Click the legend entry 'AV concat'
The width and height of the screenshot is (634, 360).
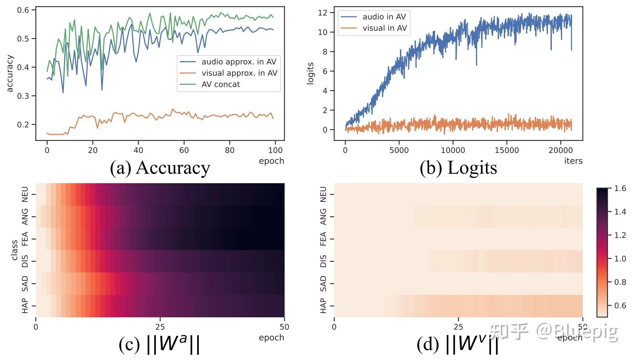coord(221,84)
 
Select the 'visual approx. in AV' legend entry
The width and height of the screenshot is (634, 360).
coord(239,73)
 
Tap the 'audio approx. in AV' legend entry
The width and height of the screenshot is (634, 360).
coord(239,62)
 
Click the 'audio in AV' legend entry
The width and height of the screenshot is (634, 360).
coord(384,17)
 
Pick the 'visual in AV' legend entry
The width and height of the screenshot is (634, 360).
coord(384,28)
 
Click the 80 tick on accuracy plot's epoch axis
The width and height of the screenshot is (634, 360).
coord(229,150)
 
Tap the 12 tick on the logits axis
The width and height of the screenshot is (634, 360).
coord(322,13)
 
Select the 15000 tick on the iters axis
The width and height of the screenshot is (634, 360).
coord(507,150)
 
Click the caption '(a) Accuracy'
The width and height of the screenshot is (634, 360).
coord(160,168)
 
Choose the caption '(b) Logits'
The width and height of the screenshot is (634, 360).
coord(458,168)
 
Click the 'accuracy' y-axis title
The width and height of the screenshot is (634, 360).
coord(10,73)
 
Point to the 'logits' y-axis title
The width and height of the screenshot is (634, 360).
coord(310,73)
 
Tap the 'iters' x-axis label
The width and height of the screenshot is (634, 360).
coord(573,161)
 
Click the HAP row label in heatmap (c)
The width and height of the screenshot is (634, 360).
coord(25,306)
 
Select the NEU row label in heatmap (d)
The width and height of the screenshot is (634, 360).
coord(323,194)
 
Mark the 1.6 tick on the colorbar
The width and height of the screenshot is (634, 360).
coord(620,188)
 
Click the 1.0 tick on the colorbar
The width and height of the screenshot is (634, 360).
coord(620,259)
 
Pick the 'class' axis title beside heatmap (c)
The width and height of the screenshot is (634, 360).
coord(14,250)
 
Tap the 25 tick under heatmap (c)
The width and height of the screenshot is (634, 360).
coord(160,327)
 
